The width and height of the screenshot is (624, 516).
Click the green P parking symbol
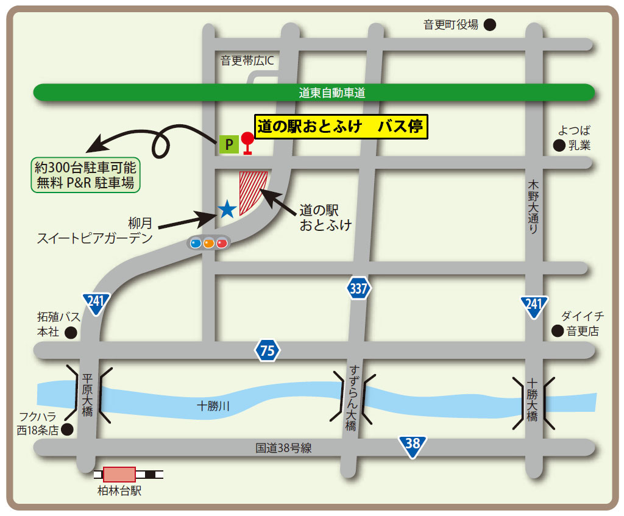coord(229,144)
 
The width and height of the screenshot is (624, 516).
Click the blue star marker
coord(227,210)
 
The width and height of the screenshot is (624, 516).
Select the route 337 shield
coord(359,288)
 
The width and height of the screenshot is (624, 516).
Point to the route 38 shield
coord(413,444)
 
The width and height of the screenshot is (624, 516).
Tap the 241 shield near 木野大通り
coord(534,306)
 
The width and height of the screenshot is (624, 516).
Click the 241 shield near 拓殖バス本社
coord(97,303)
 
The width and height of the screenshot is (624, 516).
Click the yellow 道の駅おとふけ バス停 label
coord(341,127)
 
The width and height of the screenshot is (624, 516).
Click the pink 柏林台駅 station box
coord(119,475)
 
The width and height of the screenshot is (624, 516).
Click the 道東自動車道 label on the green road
coord(332,93)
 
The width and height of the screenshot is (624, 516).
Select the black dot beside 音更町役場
coord(490,25)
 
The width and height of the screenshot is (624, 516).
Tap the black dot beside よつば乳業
coord(558,145)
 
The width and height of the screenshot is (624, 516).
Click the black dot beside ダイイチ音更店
coord(557,331)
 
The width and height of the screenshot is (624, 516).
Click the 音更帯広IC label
coord(247,60)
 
